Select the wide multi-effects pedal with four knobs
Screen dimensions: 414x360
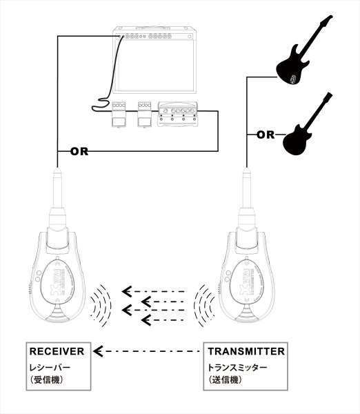coord(178,113)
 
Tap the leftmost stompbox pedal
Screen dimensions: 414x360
coord(119,113)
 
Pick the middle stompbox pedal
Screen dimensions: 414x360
coord(145,113)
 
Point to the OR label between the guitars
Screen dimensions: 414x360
coord(266,135)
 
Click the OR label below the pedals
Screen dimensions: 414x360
coord(78,150)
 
